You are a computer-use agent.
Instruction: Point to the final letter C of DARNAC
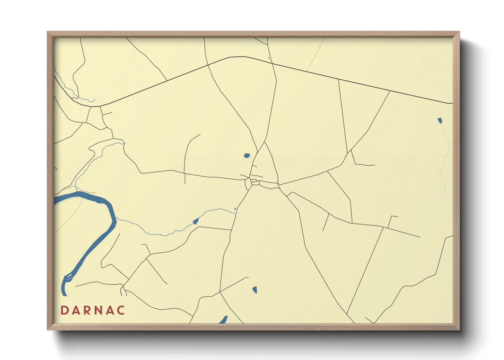121,310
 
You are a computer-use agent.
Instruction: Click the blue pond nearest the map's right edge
440,120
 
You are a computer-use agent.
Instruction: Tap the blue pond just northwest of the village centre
247,156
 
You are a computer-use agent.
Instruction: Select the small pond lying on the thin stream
196,222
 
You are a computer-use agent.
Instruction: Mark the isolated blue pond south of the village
255,290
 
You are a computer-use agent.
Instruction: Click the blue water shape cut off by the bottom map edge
223,320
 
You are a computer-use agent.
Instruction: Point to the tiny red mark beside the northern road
269,58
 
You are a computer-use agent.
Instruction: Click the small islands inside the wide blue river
69,277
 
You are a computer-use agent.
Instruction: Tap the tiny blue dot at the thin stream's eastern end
235,209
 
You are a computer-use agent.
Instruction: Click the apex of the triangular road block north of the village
265,143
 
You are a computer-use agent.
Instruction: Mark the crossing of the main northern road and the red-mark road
271,62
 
